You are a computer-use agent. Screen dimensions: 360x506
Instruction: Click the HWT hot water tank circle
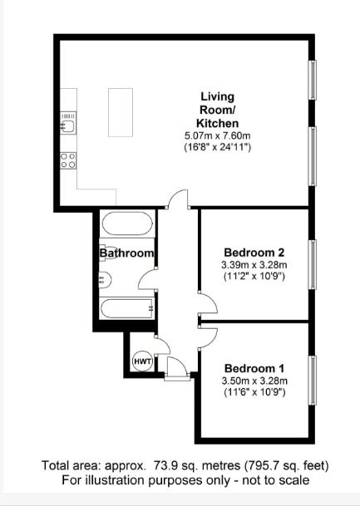142,361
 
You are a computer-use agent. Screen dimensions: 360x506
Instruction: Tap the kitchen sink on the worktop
68,123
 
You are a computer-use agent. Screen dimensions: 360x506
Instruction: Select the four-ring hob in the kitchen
68,160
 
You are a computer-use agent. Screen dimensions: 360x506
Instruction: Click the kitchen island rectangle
121,112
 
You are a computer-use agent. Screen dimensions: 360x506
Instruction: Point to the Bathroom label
126,253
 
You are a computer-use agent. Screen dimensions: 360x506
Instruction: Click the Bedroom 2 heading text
254,253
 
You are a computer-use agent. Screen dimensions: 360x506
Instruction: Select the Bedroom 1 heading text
254,368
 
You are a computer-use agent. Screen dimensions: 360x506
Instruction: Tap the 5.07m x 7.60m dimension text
218,135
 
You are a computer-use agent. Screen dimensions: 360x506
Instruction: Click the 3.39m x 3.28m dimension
254,265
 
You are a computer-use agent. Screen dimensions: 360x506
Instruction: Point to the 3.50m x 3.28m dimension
254,381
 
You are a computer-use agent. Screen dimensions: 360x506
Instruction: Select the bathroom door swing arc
147,278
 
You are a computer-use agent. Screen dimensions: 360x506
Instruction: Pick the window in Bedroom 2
313,264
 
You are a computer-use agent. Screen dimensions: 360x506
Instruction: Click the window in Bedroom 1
313,381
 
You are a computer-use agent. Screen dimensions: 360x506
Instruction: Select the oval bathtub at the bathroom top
127,224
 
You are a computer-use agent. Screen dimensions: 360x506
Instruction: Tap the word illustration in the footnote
115,480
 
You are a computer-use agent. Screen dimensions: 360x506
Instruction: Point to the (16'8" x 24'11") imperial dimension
218,147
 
